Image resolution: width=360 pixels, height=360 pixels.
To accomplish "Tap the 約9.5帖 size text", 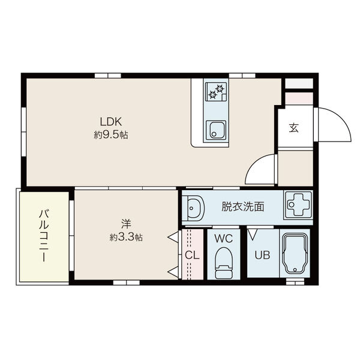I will coord(111,136).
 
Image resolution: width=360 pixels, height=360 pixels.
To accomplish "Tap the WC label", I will coord(224,238).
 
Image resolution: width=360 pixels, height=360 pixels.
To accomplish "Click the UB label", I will coord(263,254).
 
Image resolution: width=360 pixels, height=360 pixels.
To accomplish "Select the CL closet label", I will coord(191,254).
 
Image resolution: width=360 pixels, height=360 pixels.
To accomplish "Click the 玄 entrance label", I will coord(294,127).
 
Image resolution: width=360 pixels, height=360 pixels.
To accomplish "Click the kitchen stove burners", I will coord(215,92).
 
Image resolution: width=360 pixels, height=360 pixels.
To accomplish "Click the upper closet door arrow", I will coord(173,238).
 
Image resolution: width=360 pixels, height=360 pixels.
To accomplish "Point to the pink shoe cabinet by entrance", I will coord(298,97).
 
